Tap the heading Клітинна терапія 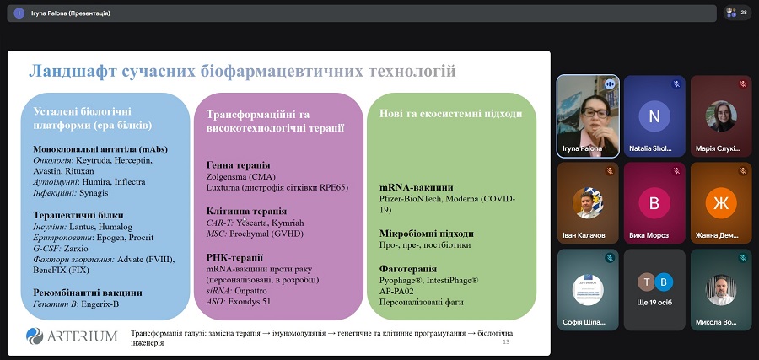pyautogui.click(x=246, y=212)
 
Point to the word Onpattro pyautogui.click(x=250, y=291)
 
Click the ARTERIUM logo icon pyautogui.click(x=35, y=336)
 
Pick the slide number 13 pyautogui.click(x=506, y=342)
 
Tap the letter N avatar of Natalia pyautogui.click(x=654, y=116)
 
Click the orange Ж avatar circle pyautogui.click(x=721, y=202)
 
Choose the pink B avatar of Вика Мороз pyautogui.click(x=654, y=202)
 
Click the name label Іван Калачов pyautogui.click(x=584, y=235)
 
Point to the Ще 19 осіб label pyautogui.click(x=654, y=303)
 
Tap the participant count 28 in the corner pyautogui.click(x=744, y=13)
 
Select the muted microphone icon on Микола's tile pyautogui.click(x=742, y=258)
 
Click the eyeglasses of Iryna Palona pyautogui.click(x=595, y=112)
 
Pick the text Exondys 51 pyautogui.click(x=251, y=302)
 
